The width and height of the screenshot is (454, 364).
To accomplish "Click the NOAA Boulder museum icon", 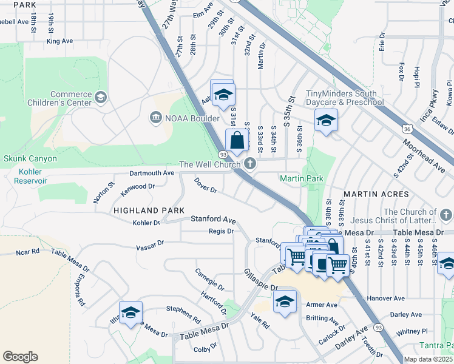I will (155, 116).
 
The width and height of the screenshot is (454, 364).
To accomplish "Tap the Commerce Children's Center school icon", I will (101, 97).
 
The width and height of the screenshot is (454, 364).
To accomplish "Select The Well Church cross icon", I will (249, 164).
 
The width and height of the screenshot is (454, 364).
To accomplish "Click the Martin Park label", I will (301, 178).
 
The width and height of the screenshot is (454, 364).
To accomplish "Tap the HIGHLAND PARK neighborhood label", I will (149, 210).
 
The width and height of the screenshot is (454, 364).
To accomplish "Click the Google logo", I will (20, 356).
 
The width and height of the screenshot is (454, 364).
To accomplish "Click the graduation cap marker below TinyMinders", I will (326, 121).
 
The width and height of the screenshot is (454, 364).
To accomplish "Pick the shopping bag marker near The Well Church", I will (237, 140).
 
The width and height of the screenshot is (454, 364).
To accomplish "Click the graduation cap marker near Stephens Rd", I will (130, 312).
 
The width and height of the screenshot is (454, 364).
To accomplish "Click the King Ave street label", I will (59, 41).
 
